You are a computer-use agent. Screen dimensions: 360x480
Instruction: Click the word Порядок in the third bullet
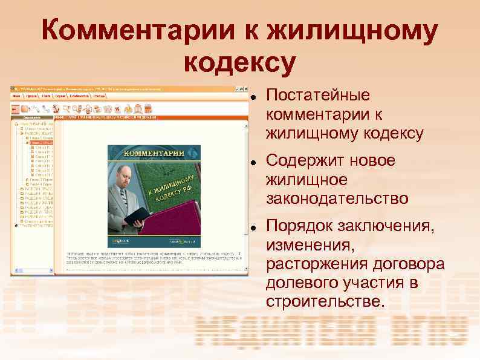[x=299, y=227]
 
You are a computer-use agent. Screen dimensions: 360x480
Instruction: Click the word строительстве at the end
[x=323, y=301]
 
